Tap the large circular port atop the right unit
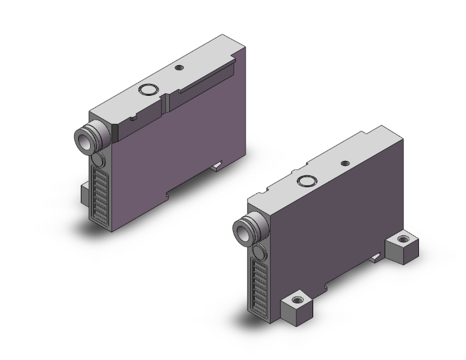click(x=306, y=182)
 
